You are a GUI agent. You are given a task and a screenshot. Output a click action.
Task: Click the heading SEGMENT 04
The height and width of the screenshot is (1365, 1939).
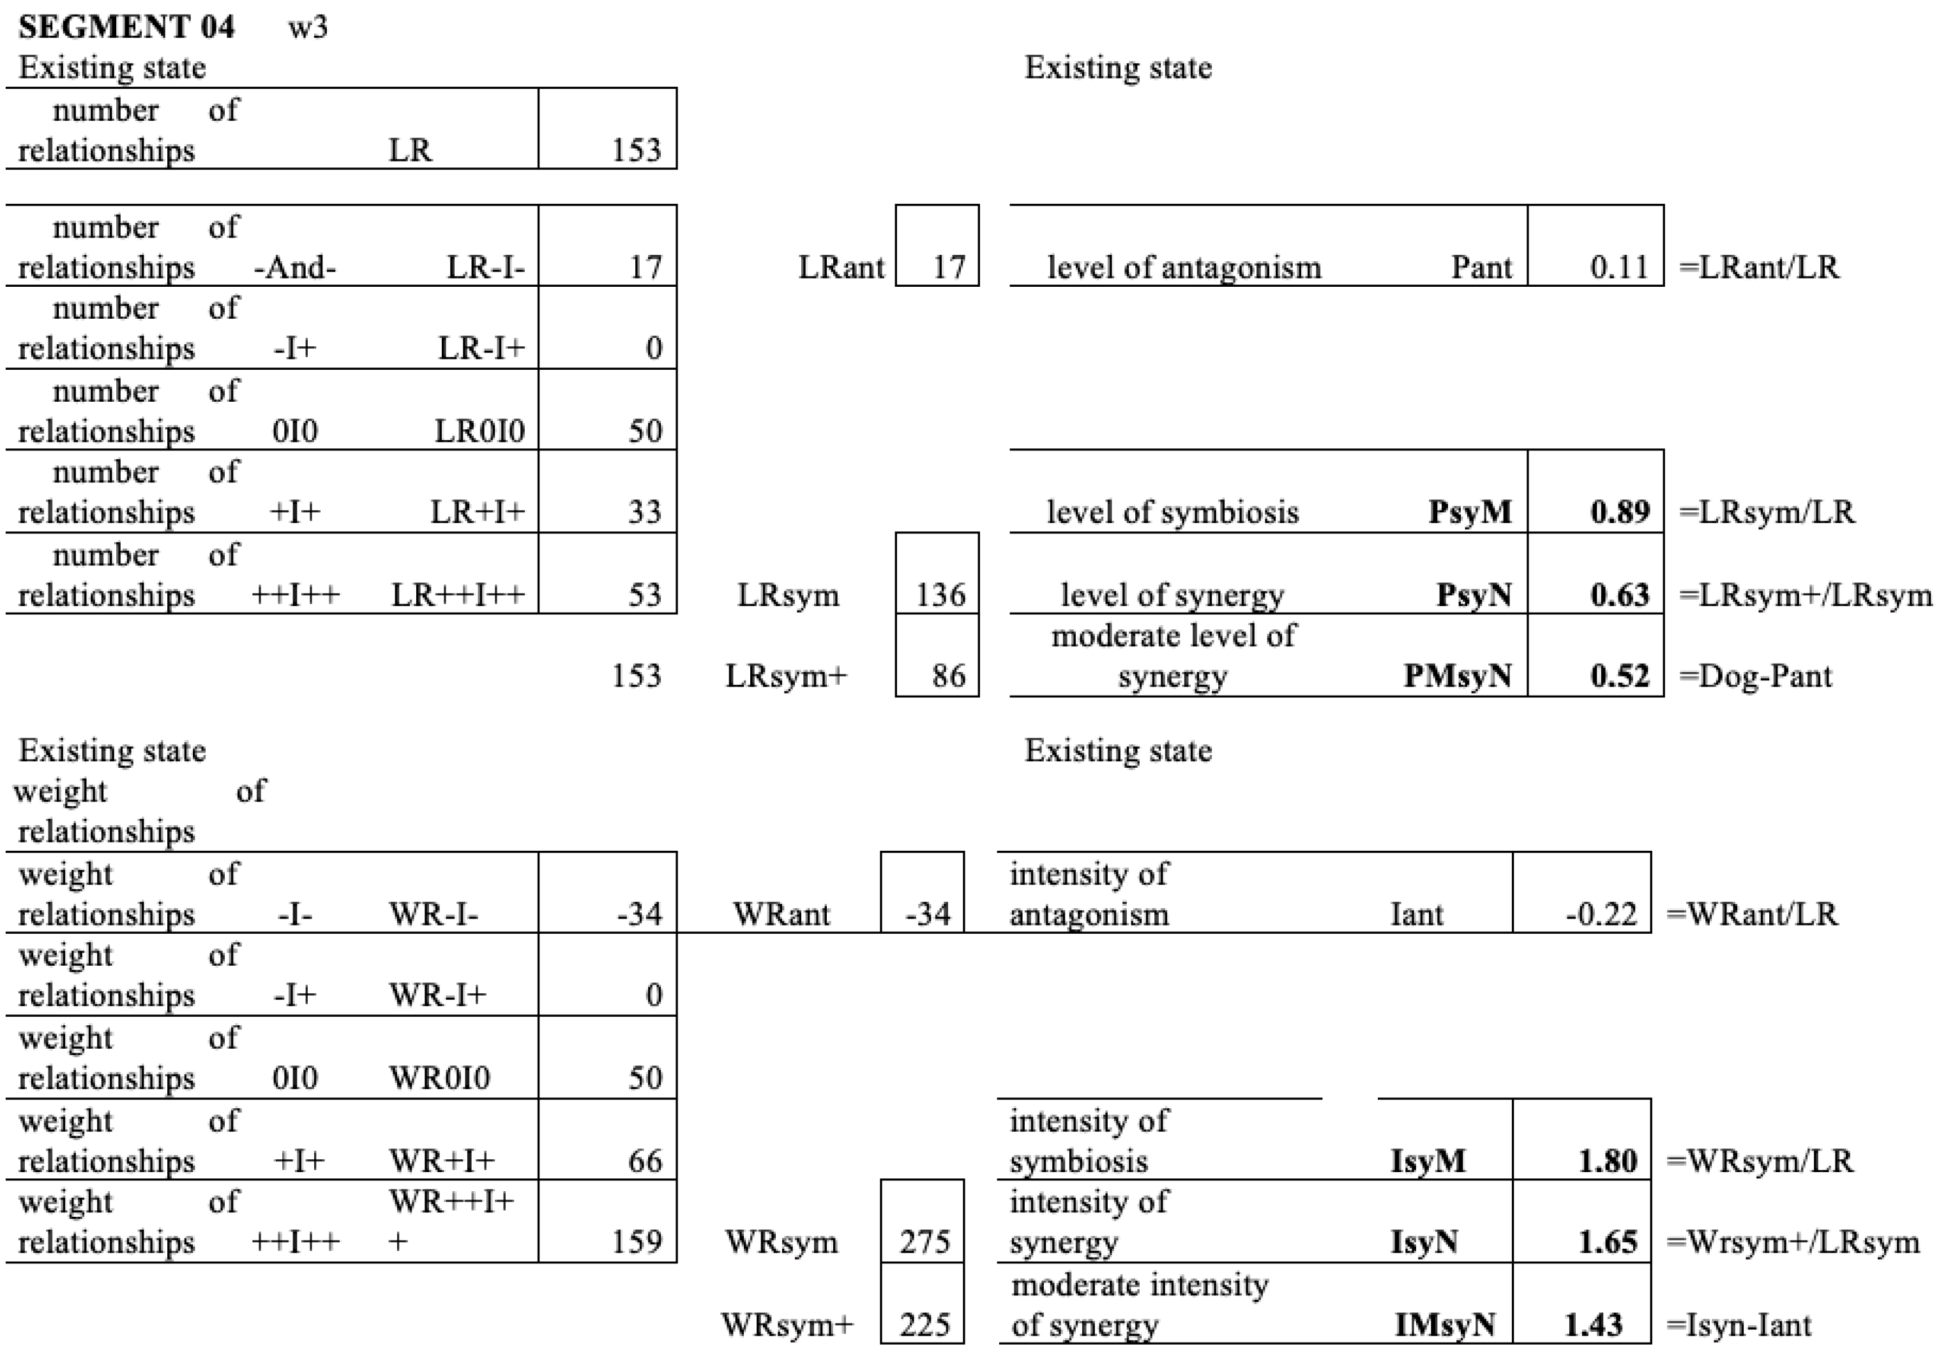tap(126, 27)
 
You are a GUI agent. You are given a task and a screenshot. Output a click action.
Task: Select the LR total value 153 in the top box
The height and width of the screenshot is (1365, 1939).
tap(635, 150)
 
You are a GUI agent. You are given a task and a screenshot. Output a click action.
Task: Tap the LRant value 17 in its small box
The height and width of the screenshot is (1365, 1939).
tap(947, 268)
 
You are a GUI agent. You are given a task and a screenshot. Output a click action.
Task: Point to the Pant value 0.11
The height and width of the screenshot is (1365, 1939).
tap(1619, 268)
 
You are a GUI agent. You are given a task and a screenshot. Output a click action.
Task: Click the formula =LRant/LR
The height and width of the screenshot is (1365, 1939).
tap(1759, 268)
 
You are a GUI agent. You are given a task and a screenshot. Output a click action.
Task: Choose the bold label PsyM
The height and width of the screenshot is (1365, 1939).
tap(1470, 512)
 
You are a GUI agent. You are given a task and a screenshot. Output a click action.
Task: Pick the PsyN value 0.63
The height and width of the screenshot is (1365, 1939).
tap(1619, 595)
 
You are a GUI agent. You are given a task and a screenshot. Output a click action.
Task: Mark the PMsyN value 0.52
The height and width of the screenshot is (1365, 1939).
tap(1619, 676)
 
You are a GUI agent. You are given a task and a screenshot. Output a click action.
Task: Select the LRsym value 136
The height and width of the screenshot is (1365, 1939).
tap(940, 595)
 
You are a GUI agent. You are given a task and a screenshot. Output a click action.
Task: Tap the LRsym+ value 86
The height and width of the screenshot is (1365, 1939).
tap(947, 676)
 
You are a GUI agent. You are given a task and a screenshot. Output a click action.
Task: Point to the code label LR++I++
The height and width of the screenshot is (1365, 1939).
tap(458, 595)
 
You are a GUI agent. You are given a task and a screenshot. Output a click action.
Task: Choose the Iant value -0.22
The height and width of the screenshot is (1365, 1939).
tap(1601, 914)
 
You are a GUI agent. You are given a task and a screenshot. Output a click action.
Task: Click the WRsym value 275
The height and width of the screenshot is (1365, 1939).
tap(924, 1242)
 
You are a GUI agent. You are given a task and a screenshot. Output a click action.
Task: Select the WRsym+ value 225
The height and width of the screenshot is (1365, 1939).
tap(924, 1325)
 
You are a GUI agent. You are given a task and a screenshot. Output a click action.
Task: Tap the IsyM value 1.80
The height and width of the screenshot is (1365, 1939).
tap(1607, 1161)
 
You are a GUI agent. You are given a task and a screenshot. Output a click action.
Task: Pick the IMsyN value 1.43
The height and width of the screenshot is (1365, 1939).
tap(1593, 1325)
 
